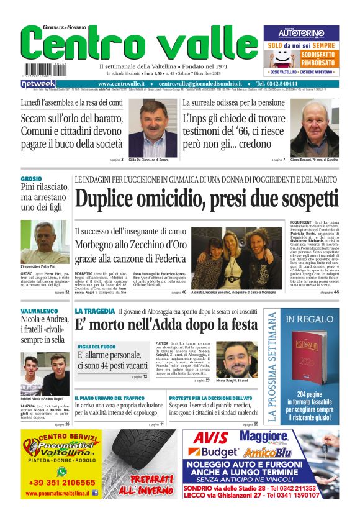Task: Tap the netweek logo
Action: pyautogui.click(x=38, y=84)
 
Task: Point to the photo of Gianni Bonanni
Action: pyautogui.click(x=315, y=129)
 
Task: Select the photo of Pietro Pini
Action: pyautogui.click(x=45, y=242)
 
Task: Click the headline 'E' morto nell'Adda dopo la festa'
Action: pyautogui.click(x=166, y=325)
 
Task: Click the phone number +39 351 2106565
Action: pyautogui.click(x=61, y=482)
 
